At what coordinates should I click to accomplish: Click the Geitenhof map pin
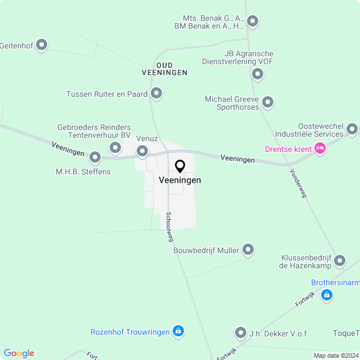(x=41, y=45)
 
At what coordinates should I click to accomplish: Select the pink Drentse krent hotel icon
(x=319, y=148)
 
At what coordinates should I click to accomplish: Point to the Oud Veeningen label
(x=164, y=69)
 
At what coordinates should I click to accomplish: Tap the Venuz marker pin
(x=142, y=151)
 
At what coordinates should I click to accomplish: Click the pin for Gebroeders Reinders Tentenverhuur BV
(x=115, y=148)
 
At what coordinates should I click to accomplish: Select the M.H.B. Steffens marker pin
(x=95, y=157)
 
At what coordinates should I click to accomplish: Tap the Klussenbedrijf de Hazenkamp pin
(x=340, y=260)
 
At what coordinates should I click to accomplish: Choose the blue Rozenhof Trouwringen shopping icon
(x=178, y=331)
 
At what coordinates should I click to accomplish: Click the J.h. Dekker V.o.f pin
(x=241, y=333)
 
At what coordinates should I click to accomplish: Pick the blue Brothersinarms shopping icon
(x=326, y=294)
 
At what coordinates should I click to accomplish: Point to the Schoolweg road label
(x=169, y=227)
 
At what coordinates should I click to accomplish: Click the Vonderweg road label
(x=299, y=183)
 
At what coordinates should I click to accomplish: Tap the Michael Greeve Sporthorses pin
(x=268, y=102)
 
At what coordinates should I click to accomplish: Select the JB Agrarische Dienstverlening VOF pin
(x=258, y=74)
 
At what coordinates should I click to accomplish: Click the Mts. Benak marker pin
(x=253, y=22)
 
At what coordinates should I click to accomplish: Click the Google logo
(x=19, y=353)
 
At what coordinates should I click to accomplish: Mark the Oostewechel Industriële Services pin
(x=352, y=129)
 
